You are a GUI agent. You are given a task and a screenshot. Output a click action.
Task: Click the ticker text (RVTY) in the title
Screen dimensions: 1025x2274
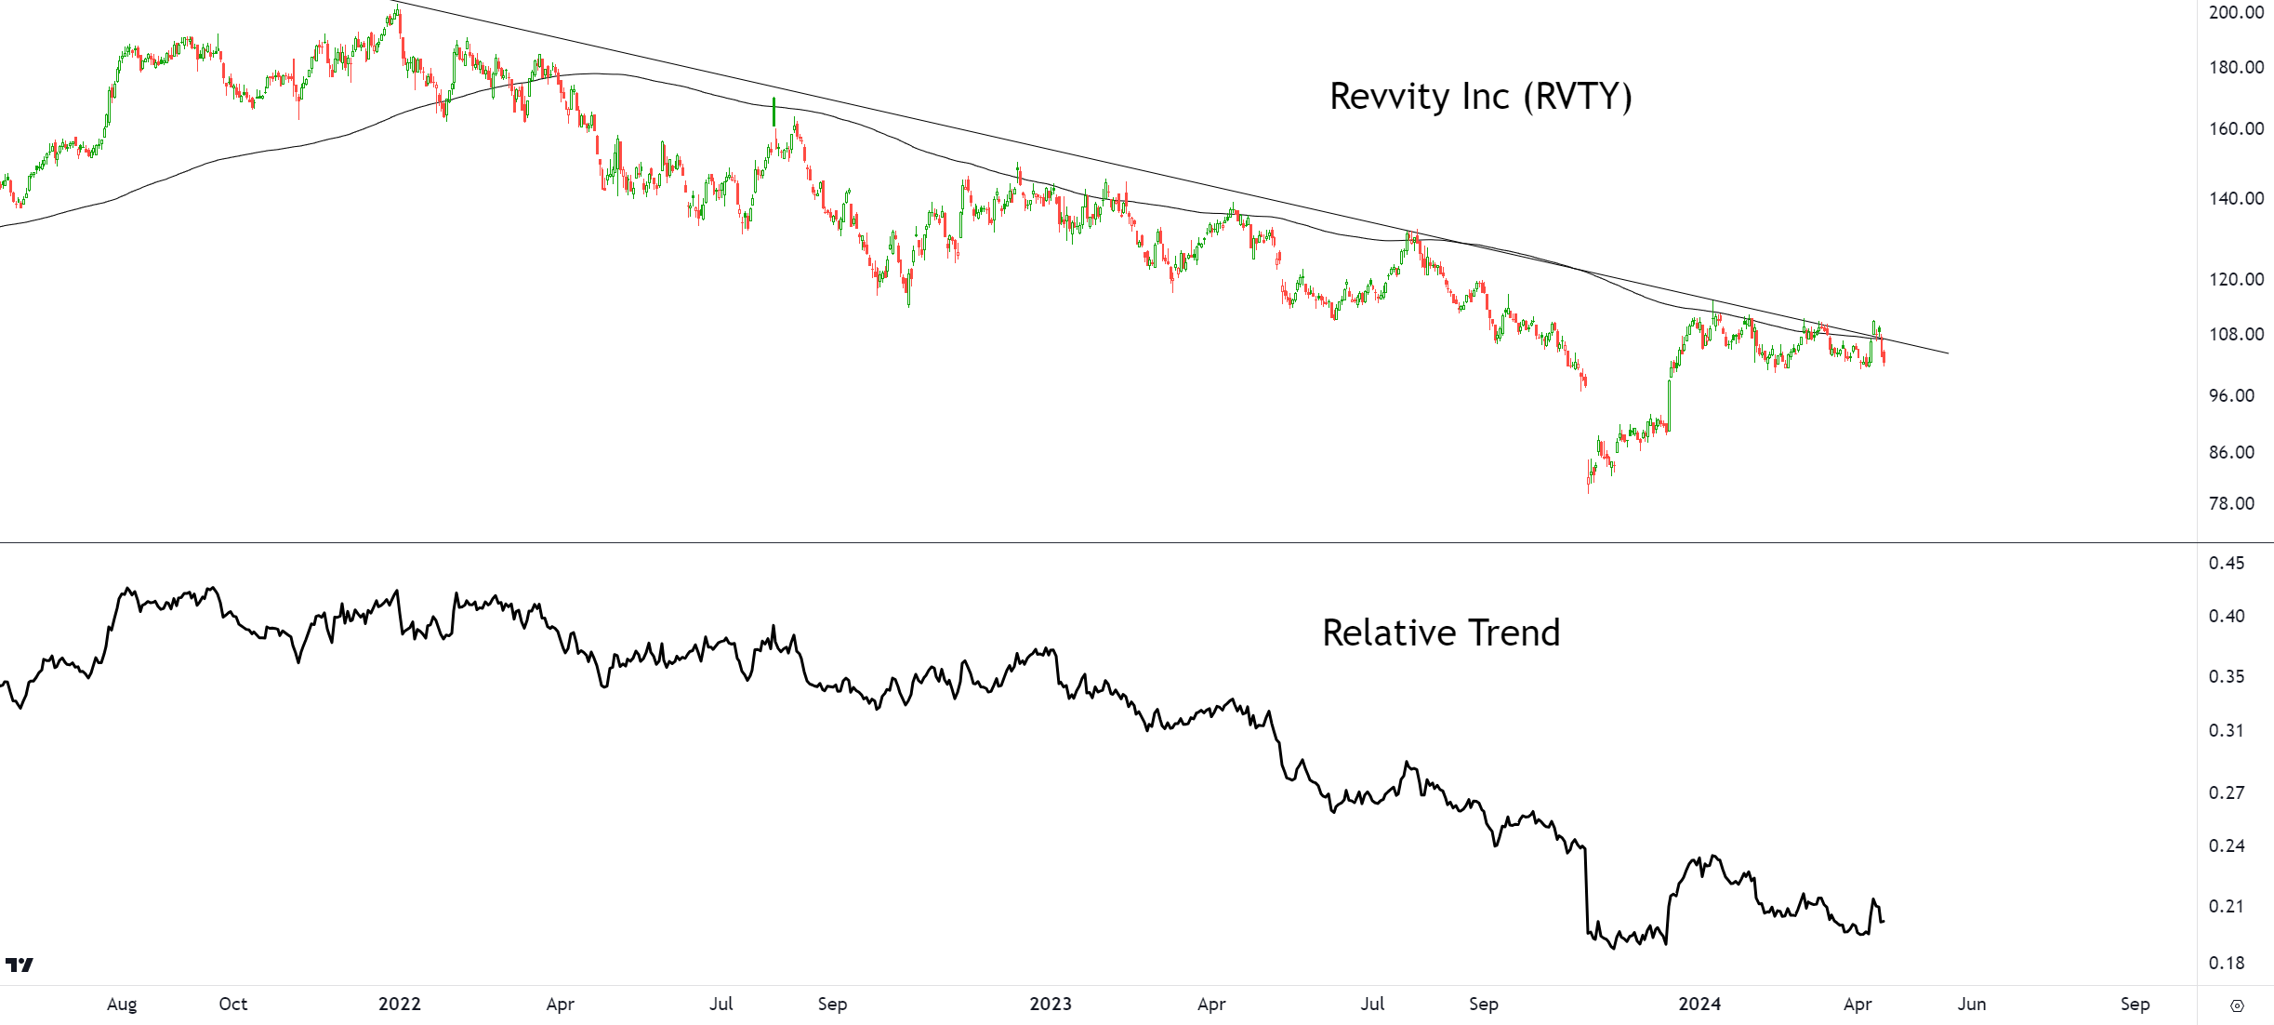1578,97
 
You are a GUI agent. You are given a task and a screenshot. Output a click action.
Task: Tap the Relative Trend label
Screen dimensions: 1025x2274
1441,632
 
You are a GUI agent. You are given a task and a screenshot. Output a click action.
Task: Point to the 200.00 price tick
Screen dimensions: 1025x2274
2236,12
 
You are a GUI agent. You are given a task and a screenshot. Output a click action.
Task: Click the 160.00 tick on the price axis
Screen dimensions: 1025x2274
2236,128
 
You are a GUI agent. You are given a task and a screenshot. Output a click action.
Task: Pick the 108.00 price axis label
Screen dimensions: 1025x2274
2236,334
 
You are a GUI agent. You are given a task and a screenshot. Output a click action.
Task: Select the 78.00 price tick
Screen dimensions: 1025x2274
2231,503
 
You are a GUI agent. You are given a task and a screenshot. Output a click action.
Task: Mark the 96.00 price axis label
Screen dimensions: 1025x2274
2231,395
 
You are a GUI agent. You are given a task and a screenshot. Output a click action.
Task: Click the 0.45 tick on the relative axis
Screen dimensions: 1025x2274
2226,563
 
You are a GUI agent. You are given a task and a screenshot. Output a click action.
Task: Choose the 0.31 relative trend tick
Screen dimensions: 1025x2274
2226,730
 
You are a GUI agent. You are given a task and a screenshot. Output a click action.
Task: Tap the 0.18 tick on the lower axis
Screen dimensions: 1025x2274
2226,963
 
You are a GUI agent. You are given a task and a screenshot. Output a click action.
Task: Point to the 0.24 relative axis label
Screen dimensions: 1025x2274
2226,845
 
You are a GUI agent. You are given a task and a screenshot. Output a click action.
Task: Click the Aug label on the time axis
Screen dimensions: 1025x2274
122,1004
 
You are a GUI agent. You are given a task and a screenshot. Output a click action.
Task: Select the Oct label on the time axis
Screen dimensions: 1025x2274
233,1004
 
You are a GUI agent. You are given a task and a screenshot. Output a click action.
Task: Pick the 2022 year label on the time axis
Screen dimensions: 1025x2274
400,1004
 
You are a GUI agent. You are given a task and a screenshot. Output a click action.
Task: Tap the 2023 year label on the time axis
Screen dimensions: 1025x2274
1051,1004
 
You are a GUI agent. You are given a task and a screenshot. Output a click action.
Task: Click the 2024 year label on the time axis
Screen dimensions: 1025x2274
1699,1004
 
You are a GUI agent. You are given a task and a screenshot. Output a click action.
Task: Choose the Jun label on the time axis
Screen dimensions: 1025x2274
1971,1004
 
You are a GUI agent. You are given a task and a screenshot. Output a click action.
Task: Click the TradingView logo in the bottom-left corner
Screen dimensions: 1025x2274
20,965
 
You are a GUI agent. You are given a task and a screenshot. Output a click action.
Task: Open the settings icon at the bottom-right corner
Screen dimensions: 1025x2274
2237,1005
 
